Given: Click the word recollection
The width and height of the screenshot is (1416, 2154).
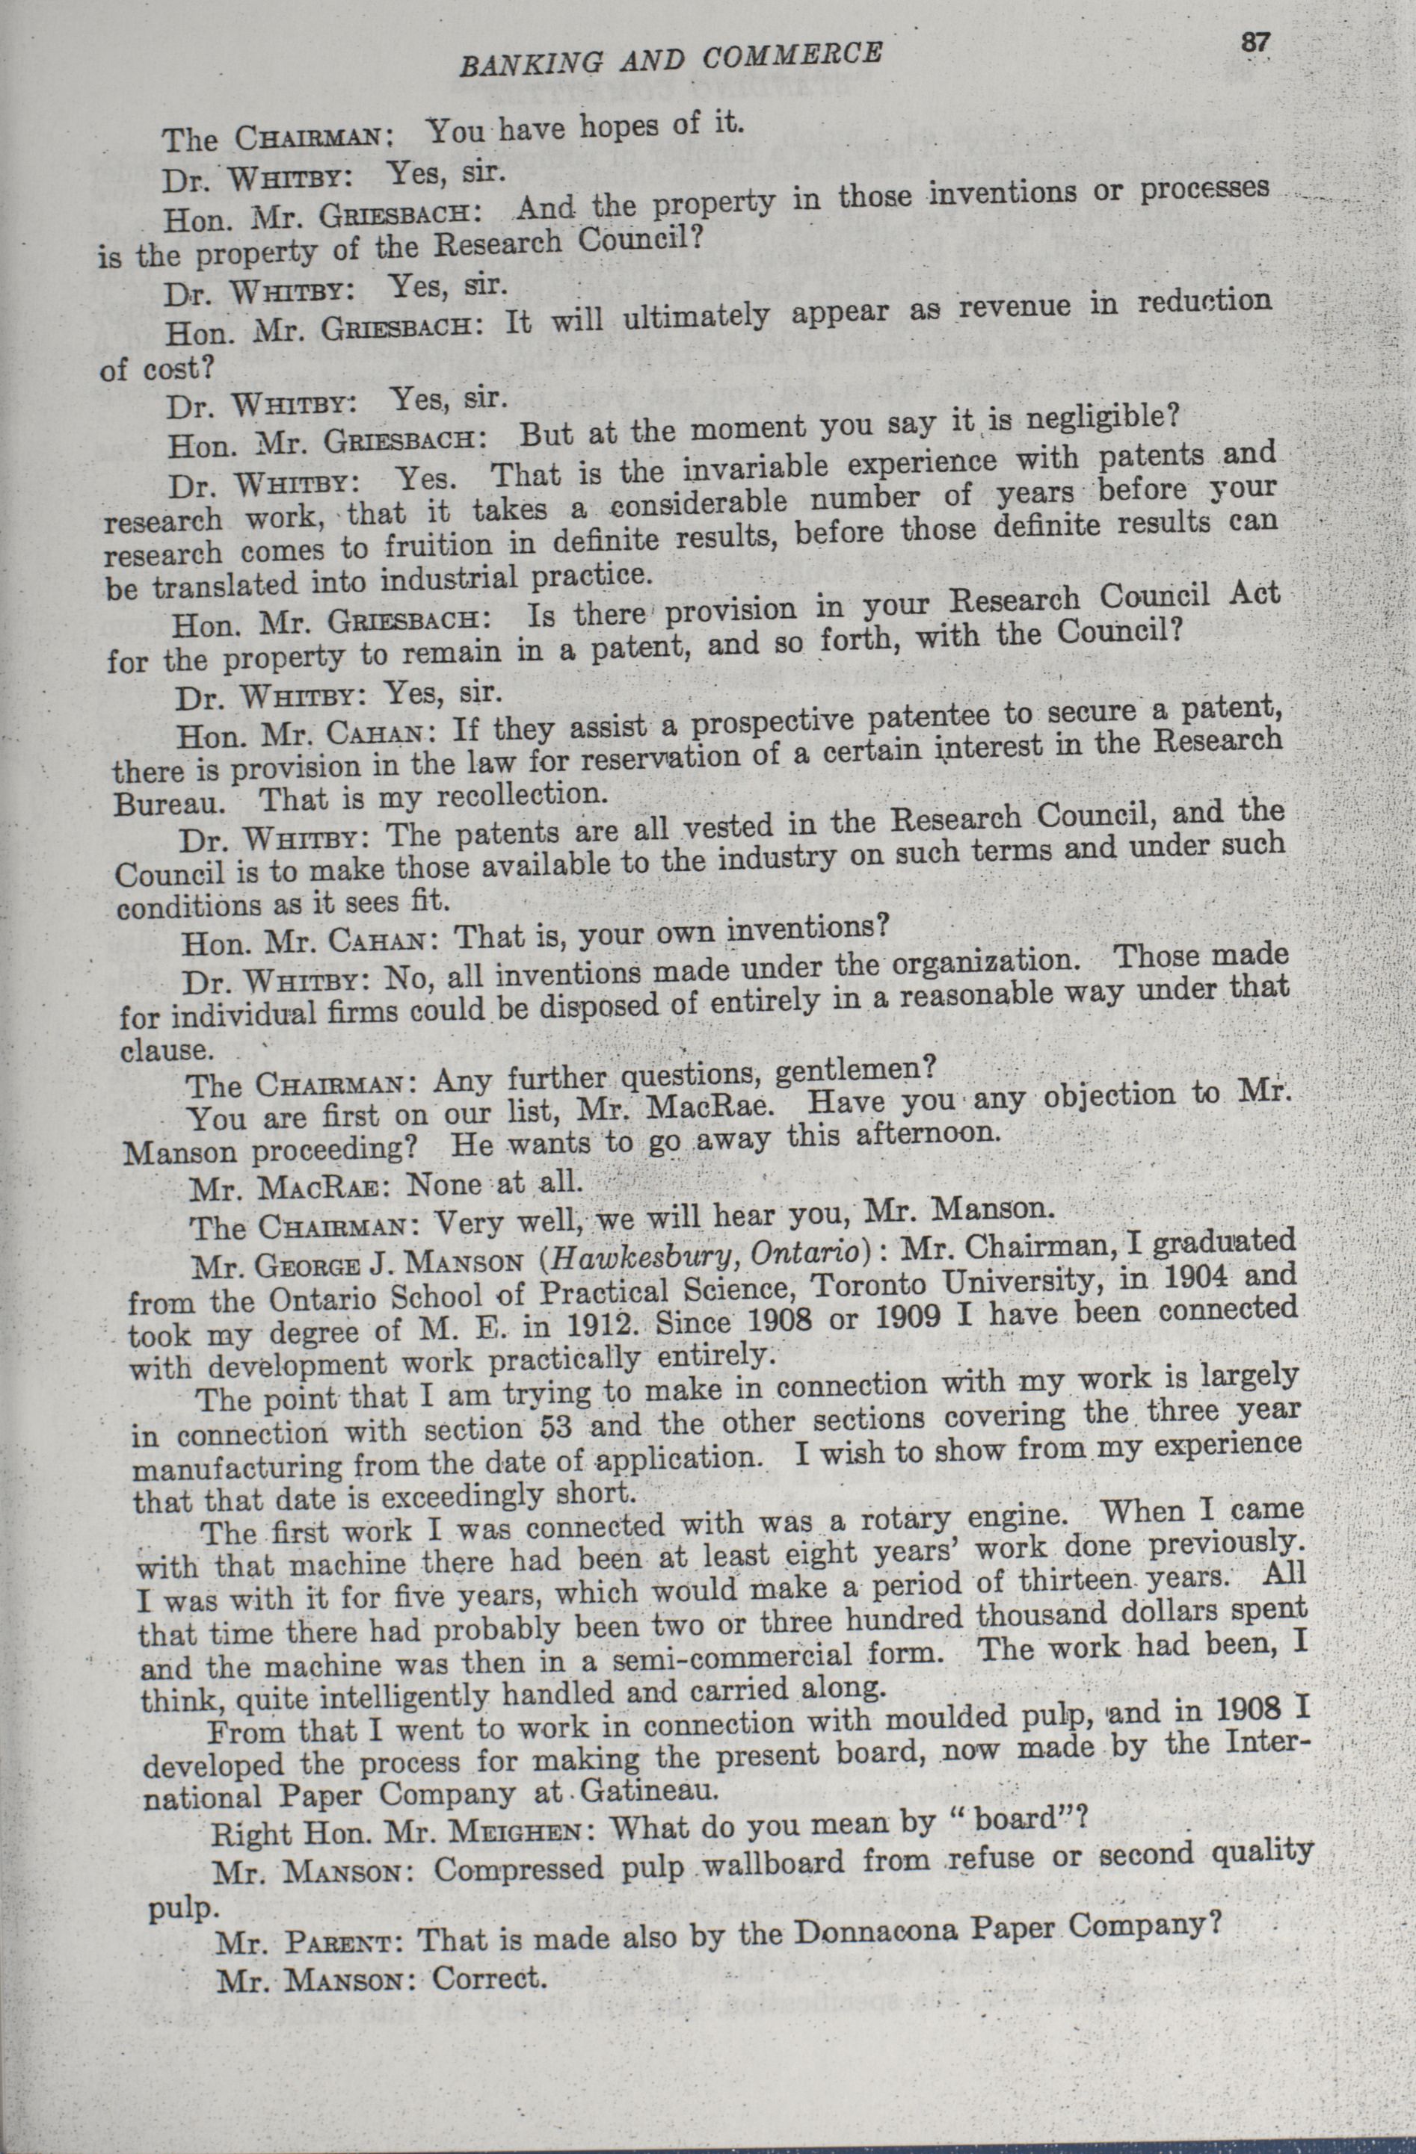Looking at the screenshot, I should (x=518, y=796).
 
